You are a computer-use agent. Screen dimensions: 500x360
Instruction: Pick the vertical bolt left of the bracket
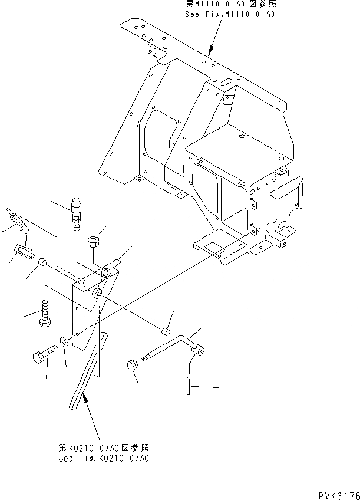point(44,313)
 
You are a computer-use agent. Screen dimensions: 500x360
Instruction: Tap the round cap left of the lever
point(133,366)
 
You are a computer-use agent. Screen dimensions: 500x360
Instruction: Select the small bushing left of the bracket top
point(42,262)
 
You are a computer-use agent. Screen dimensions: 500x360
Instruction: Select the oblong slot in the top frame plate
point(225,83)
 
